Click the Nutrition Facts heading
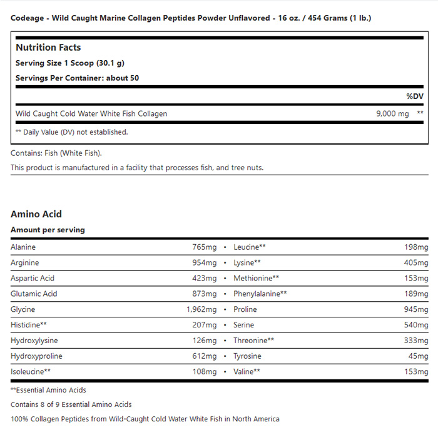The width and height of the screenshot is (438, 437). (48, 48)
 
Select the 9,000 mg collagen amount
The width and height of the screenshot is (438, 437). (392, 114)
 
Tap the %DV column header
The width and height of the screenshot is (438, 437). (414, 96)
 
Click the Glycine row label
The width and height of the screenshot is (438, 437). (23, 309)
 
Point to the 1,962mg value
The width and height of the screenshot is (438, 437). (201, 309)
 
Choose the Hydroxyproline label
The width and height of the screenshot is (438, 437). (36, 356)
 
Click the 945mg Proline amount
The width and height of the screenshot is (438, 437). (415, 309)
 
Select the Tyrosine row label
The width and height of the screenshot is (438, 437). (247, 356)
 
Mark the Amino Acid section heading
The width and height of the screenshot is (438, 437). (36, 214)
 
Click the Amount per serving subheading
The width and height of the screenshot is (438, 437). (48, 230)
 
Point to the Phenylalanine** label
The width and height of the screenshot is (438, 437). (260, 294)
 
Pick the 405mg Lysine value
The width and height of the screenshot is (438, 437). (415, 262)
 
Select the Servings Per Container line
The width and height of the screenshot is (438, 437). (77, 78)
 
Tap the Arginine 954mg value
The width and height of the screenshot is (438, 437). (204, 262)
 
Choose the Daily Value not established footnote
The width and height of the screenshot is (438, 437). (71, 132)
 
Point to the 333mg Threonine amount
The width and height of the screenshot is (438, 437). (415, 341)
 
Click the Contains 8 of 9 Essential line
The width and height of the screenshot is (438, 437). (71, 404)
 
